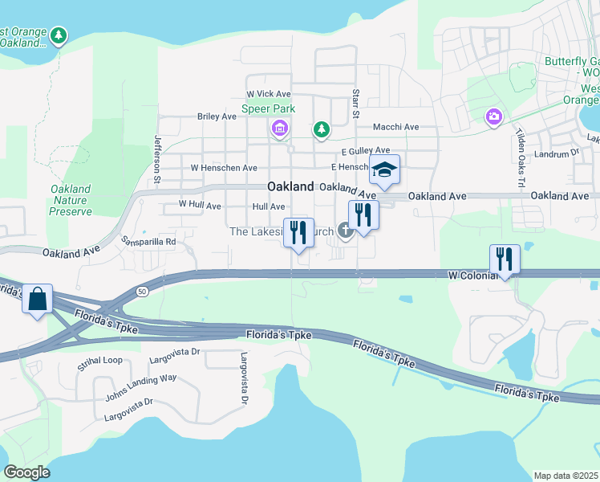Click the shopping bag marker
coord(38,300)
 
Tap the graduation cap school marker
coord(384,170)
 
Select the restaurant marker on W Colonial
coord(505,259)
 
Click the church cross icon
coord(346,232)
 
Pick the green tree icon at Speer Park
coord(321,129)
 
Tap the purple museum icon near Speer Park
coord(280,129)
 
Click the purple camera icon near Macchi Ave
coord(493,118)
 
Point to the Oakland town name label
coord(290,186)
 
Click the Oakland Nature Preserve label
coord(71,200)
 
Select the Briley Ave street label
coord(217,116)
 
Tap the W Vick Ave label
coord(268,95)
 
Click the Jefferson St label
coord(158,148)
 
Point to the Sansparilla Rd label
coord(148,240)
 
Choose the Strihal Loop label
coord(100,361)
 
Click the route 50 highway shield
coord(141,290)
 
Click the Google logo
coord(26,472)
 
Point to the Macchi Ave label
coord(395,127)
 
